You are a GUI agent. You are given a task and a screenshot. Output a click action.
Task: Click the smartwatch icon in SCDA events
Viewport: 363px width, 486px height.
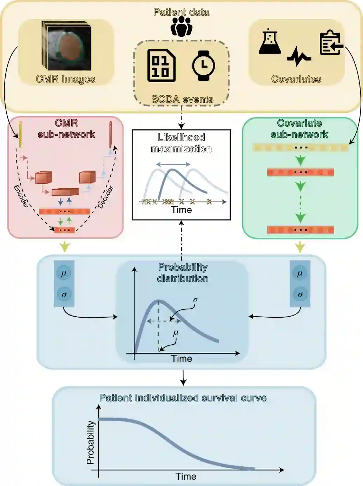(204, 66)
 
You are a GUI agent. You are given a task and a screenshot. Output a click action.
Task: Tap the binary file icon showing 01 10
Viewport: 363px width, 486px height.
(161, 66)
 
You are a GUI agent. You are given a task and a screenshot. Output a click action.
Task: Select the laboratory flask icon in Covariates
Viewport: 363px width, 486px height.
(270, 42)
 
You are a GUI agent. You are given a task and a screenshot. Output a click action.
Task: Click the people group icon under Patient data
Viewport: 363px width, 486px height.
(181, 27)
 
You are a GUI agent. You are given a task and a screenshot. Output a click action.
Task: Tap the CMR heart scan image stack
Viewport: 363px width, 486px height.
(67, 46)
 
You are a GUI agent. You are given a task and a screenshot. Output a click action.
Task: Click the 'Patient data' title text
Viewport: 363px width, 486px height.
(181, 12)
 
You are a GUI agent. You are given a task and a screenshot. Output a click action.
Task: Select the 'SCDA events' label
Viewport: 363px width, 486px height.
(182, 99)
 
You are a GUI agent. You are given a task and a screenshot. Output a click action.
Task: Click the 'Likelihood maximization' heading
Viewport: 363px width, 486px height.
(181, 143)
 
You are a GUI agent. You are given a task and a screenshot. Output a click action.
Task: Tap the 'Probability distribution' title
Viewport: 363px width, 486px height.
(183, 273)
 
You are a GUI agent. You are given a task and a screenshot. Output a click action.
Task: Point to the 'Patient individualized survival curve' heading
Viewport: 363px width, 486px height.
(183, 398)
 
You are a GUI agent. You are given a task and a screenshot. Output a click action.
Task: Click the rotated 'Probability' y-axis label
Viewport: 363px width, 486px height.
(91, 443)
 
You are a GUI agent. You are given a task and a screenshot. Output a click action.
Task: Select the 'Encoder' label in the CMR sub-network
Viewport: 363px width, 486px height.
(21, 196)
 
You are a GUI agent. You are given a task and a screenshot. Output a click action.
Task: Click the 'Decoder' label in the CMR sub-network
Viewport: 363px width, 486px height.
(106, 197)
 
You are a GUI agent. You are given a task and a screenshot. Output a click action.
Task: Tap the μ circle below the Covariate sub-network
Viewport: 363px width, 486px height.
(299, 273)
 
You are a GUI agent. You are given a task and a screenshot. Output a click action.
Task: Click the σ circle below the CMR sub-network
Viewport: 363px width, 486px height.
(64, 295)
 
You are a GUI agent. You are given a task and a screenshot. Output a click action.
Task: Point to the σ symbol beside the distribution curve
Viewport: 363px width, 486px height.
(196, 300)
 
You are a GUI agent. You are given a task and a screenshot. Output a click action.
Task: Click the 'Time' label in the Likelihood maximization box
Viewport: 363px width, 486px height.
(181, 210)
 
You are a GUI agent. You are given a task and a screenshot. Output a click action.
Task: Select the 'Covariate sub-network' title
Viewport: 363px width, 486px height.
(299, 129)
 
